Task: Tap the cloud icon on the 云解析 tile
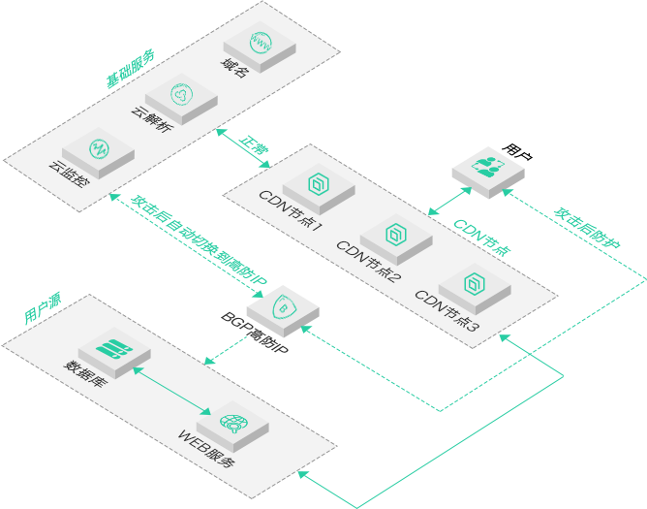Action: (x=181, y=94)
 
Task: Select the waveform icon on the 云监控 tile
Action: (x=99, y=148)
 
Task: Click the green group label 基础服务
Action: (x=131, y=69)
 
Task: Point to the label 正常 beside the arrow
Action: (x=254, y=145)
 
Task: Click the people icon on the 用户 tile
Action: (x=488, y=167)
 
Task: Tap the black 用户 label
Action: (x=517, y=151)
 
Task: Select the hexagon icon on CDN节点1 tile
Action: (x=319, y=184)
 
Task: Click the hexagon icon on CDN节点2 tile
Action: (x=396, y=235)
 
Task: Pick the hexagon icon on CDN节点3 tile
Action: (x=475, y=283)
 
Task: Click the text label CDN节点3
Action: (x=447, y=310)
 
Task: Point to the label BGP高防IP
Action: (x=254, y=333)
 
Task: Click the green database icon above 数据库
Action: (x=114, y=348)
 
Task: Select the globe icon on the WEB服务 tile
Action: (x=233, y=423)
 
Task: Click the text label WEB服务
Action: (x=206, y=448)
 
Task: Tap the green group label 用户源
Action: (x=43, y=307)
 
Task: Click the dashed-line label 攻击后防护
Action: (x=587, y=228)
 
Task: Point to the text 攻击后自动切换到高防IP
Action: (x=199, y=240)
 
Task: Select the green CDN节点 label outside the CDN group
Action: (x=482, y=238)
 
